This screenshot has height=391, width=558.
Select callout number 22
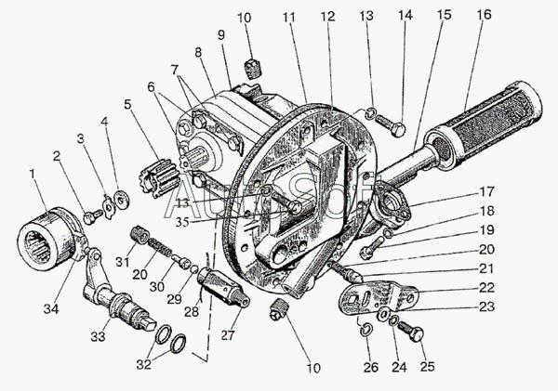pos(486,287)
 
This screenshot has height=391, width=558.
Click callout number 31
pos(123,261)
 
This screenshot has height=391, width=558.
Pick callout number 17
pos(486,191)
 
